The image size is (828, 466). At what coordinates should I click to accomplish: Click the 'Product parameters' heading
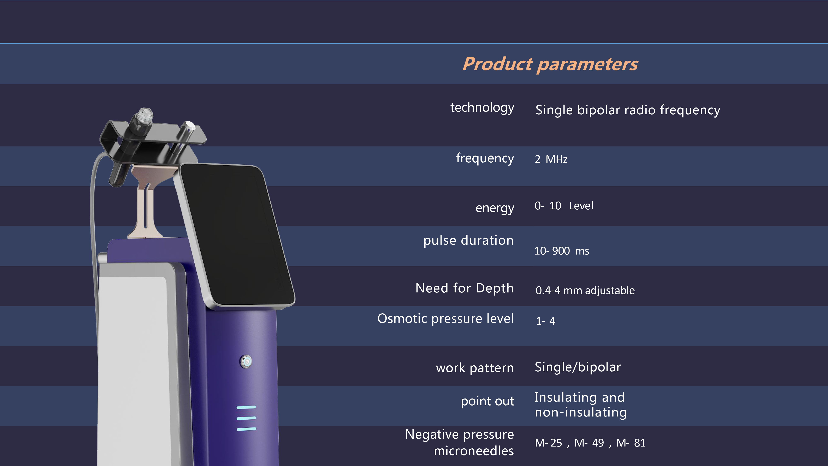coord(550,64)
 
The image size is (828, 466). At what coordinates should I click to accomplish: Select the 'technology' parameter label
coord(482,107)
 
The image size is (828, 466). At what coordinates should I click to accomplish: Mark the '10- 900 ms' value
coord(562,251)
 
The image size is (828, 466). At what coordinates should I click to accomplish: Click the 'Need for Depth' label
coord(465,288)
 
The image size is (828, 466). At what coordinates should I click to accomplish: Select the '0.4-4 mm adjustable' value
coord(585,290)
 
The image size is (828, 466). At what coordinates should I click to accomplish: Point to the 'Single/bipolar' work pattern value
coord(578,367)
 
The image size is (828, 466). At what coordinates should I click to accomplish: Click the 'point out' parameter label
coord(487,401)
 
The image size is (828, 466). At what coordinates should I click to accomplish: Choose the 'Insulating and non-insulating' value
coord(580,404)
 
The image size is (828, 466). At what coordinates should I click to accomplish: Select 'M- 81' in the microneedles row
coord(631,443)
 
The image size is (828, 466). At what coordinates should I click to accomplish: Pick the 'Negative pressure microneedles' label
coord(459,443)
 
